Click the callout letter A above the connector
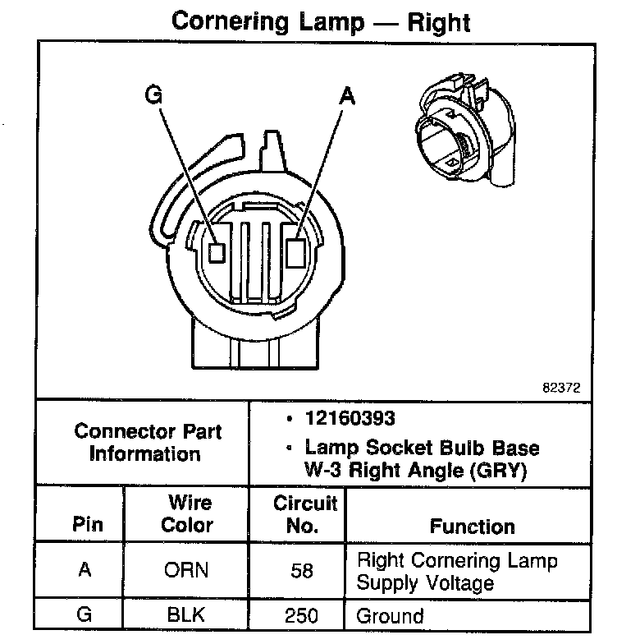pyautogui.click(x=347, y=96)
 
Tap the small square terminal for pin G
pyautogui.click(x=217, y=252)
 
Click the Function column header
pyautogui.click(x=473, y=526)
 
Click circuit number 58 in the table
pyautogui.click(x=302, y=571)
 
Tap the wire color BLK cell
pyautogui.click(x=187, y=615)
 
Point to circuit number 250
pyautogui.click(x=302, y=615)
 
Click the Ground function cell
pyautogui.click(x=390, y=615)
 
